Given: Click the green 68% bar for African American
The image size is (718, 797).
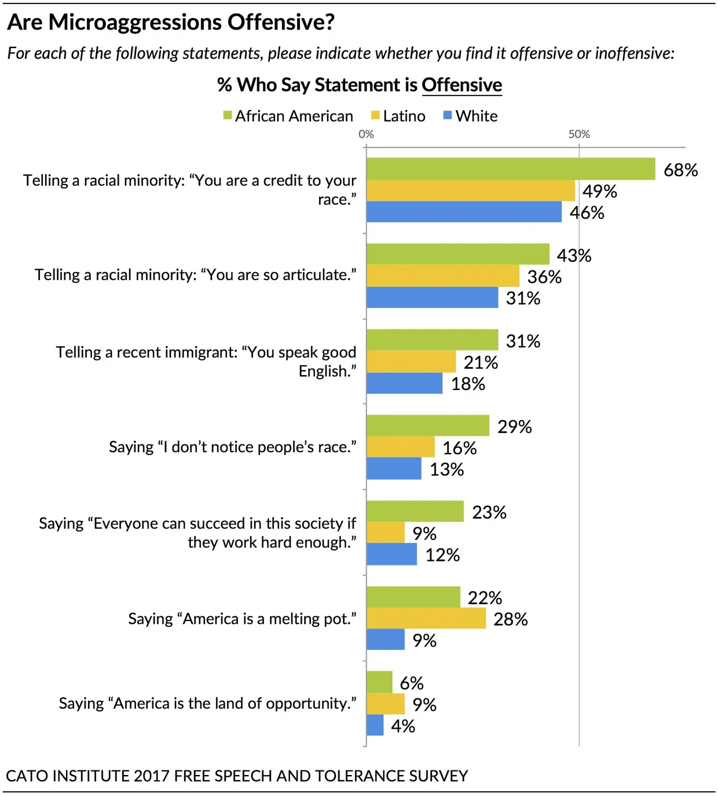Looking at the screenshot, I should [511, 169].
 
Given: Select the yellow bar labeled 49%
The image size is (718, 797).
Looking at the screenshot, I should [470, 191].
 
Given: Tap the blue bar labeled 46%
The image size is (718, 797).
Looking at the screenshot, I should [464, 212].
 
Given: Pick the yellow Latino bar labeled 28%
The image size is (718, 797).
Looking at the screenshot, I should [426, 618].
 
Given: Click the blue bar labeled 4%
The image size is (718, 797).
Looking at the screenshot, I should [375, 725].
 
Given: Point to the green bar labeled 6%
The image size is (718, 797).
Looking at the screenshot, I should [379, 682].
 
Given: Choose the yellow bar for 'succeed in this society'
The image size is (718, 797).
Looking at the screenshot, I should [385, 532].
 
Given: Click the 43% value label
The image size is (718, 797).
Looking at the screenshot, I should [574, 256].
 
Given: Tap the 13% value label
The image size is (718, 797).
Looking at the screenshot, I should [447, 469].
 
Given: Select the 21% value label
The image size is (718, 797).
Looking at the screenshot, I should [481, 363].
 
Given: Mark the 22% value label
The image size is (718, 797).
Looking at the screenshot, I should [485, 598].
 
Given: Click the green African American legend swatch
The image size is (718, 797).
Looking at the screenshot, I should [228, 116].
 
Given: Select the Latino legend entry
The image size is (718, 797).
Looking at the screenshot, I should [398, 116].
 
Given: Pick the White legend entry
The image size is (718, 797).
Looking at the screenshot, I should [471, 116].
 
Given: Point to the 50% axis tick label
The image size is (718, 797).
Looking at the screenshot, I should [579, 134].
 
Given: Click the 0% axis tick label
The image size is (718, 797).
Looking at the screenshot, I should [366, 134].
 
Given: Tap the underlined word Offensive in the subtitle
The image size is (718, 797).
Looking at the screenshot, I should [462, 85].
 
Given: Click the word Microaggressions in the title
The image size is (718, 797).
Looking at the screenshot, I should [135, 22].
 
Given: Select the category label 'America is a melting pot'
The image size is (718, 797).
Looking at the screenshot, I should [242, 619].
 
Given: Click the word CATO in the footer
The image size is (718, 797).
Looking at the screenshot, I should [26, 776].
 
